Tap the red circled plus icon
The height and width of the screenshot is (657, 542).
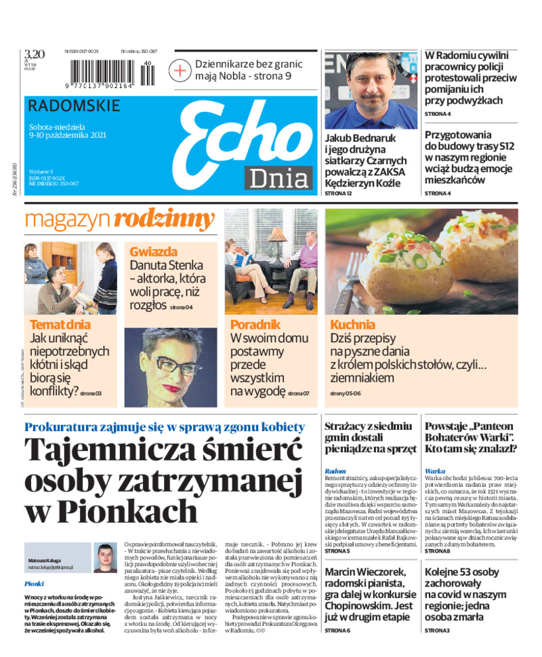pyautogui.click(x=181, y=70)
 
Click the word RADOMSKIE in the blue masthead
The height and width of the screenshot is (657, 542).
pyautogui.click(x=75, y=106)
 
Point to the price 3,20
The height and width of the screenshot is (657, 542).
pyautogui.click(x=34, y=54)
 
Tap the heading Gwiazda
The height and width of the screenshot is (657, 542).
pyautogui.click(x=154, y=252)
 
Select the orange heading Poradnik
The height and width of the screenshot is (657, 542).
pyautogui.click(x=255, y=325)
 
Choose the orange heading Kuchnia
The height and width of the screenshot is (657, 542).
pyautogui.click(x=352, y=325)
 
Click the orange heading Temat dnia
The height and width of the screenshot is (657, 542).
pyautogui.click(x=60, y=325)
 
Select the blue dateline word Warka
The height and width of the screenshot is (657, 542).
pyautogui.click(x=435, y=471)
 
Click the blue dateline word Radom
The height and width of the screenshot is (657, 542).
pyautogui.click(x=335, y=471)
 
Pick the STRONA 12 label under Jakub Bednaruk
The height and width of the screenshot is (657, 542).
pyautogui.click(x=339, y=193)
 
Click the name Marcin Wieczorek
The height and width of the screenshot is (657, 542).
pyautogui.click(x=364, y=573)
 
